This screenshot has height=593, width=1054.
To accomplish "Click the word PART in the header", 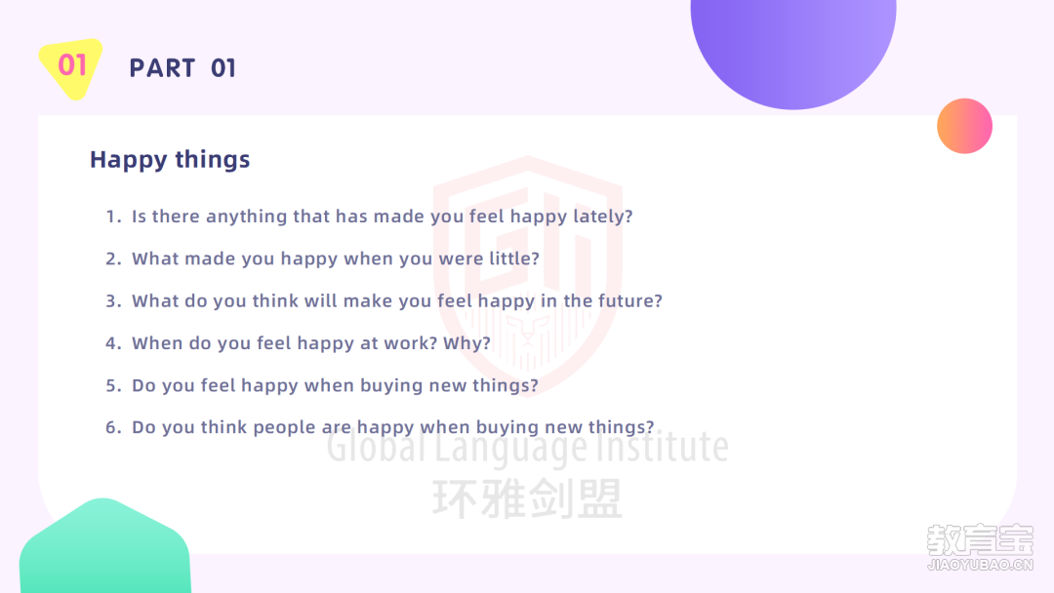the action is click(x=162, y=68).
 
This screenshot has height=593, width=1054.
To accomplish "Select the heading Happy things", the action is click(x=170, y=160).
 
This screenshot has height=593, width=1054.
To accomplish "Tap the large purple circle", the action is click(x=793, y=47).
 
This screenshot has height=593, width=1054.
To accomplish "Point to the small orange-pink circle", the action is click(x=964, y=126).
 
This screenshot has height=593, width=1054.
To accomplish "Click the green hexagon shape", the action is click(x=104, y=546).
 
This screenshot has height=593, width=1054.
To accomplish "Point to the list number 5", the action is click(x=112, y=385).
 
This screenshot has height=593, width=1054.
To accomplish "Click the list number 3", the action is click(x=112, y=300).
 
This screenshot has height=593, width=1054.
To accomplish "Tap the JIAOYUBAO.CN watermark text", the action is click(x=980, y=565).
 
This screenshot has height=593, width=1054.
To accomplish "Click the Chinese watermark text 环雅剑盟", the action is click(x=528, y=499).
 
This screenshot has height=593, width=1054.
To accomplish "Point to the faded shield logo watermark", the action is click(x=528, y=275).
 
